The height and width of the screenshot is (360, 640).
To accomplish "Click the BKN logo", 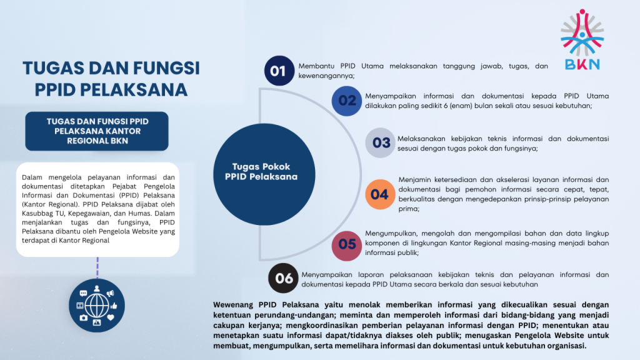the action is (582, 39).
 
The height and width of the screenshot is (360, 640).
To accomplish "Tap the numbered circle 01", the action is (279, 71).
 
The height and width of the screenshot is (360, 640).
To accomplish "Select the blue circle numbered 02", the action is (346, 101).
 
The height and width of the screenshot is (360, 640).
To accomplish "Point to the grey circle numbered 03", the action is (381, 143).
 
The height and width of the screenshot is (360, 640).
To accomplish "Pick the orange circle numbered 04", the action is (380, 194).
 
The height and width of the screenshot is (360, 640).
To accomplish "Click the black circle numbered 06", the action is (283, 278).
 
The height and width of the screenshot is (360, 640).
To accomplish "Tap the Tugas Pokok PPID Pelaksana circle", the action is (264, 174).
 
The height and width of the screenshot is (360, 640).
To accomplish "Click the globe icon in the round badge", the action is (97, 306).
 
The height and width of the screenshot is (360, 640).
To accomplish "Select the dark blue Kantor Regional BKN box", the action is (97, 131).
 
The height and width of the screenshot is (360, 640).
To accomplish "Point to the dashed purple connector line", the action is (97, 267).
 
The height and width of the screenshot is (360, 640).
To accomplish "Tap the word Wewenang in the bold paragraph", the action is (233, 305).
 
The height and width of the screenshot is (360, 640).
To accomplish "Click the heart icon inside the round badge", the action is (111, 317).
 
